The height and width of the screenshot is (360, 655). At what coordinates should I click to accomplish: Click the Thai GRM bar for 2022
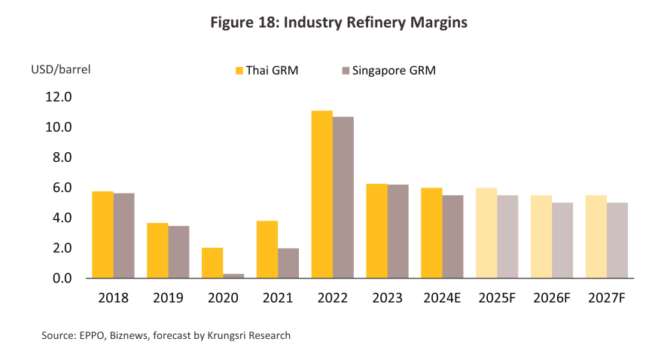pos(321,194)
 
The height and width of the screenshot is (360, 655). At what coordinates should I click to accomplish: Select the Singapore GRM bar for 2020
pos(233,276)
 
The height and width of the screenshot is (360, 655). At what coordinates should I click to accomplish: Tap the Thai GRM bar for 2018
pos(102,234)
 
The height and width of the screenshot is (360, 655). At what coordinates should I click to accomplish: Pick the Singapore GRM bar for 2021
pos(288,263)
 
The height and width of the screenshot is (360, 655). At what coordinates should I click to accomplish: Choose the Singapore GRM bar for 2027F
pos(617,240)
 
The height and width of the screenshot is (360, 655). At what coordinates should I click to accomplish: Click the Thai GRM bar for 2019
pos(157,250)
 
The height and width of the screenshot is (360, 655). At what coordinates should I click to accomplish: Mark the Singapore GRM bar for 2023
pos(398,231)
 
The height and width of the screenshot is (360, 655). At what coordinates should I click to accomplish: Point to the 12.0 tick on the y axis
pos(58,97)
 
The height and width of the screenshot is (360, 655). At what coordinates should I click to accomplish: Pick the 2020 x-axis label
pos(222,297)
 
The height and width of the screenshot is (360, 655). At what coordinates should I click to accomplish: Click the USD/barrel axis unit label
pos(60,70)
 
